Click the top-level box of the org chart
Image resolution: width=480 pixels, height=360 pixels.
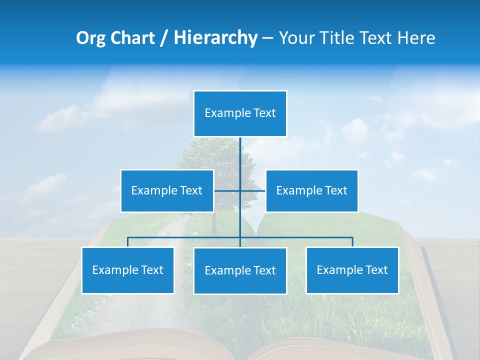tap(240, 113)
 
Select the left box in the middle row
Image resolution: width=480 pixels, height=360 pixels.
tap(167, 191)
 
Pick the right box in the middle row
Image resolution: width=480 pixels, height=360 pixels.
tap(311, 191)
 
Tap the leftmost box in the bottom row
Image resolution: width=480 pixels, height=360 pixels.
tap(128, 270)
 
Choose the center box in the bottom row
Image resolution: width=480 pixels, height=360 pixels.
tap(240, 271)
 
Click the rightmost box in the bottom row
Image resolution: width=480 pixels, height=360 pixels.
tap(352, 270)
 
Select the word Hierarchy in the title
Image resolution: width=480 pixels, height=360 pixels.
tap(215, 38)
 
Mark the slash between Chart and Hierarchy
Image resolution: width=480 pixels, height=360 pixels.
tap(164, 38)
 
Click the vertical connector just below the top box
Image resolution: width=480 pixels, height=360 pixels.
tap(240, 150)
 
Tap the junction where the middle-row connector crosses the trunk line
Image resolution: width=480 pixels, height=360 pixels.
tap(240, 191)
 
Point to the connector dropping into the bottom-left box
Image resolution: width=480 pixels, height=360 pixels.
tap(128, 242)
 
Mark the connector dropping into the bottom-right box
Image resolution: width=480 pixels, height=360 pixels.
tap(352, 242)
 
